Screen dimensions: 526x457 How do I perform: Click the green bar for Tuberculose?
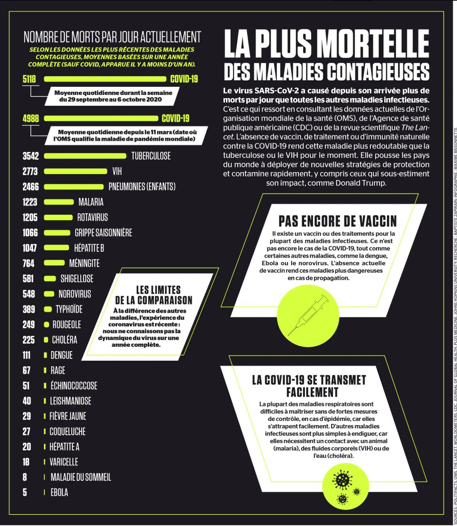tap(85, 156)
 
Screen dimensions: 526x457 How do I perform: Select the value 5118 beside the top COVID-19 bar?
tap(29, 79)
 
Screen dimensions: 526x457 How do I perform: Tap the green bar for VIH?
tap(80, 171)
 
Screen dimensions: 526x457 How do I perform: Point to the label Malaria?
tap(91, 202)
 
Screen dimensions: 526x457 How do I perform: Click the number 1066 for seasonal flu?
tap(30, 233)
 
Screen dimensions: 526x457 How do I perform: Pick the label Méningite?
tap(84, 263)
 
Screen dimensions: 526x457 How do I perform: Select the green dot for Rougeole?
tap(46, 325)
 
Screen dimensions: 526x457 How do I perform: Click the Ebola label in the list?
tap(59, 493)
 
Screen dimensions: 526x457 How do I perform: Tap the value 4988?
tap(30, 118)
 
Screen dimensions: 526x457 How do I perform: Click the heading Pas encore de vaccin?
tap(338, 221)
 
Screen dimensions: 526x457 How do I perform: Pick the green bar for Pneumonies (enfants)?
tap(74, 187)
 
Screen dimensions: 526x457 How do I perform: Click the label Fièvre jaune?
tap(68, 416)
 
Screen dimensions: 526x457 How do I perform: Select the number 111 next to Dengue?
tap(27, 355)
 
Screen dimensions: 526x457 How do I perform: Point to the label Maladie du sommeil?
tap(81, 477)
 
